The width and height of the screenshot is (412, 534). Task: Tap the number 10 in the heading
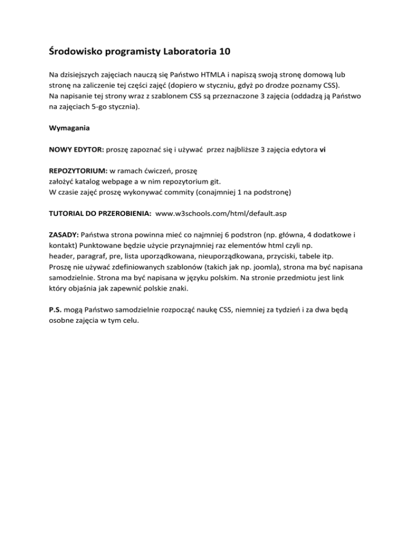226,53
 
